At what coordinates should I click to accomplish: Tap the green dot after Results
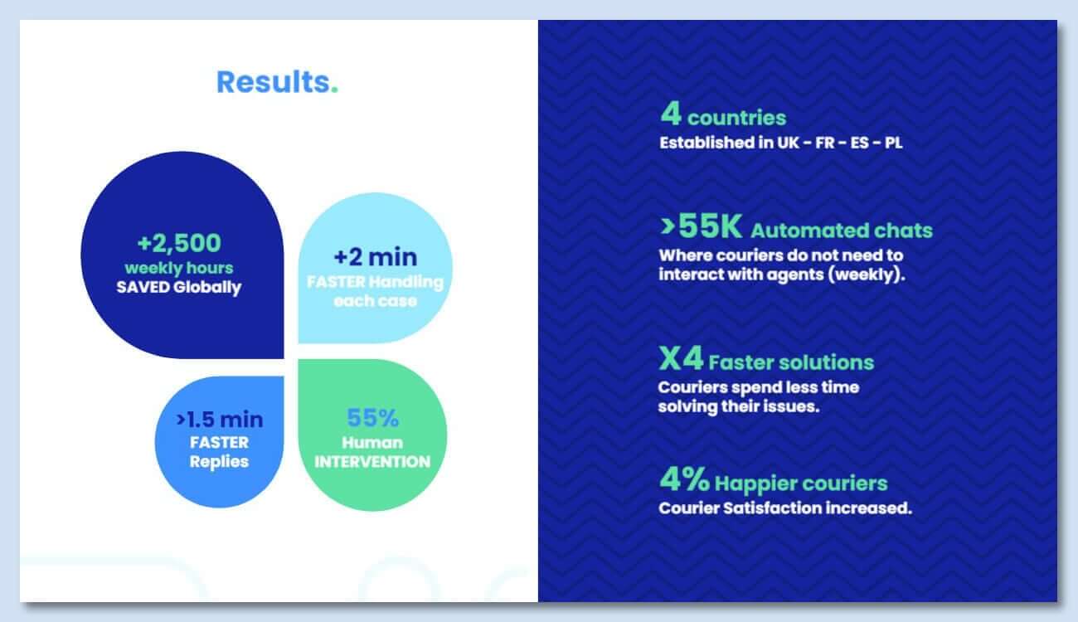tap(334, 90)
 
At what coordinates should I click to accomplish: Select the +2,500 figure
tap(179, 243)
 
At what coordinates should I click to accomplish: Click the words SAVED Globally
tap(178, 288)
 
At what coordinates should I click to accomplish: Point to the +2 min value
tap(376, 257)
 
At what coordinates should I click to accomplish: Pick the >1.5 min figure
tap(220, 420)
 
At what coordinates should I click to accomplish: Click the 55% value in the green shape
tap(372, 418)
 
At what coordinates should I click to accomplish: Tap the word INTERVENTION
tap(372, 462)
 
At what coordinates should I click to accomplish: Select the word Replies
tap(219, 462)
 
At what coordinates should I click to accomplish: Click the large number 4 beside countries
tap(671, 114)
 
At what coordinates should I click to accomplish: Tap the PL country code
tap(893, 143)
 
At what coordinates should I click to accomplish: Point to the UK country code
tap(788, 143)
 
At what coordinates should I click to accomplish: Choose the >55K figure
tap(702, 226)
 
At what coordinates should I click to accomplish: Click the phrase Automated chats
tap(842, 231)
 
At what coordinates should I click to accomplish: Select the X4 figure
tap(681, 358)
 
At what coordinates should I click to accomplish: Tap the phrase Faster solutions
tap(791, 362)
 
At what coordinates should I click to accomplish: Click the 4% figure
tap(684, 479)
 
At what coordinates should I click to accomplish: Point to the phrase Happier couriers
tap(801, 484)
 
